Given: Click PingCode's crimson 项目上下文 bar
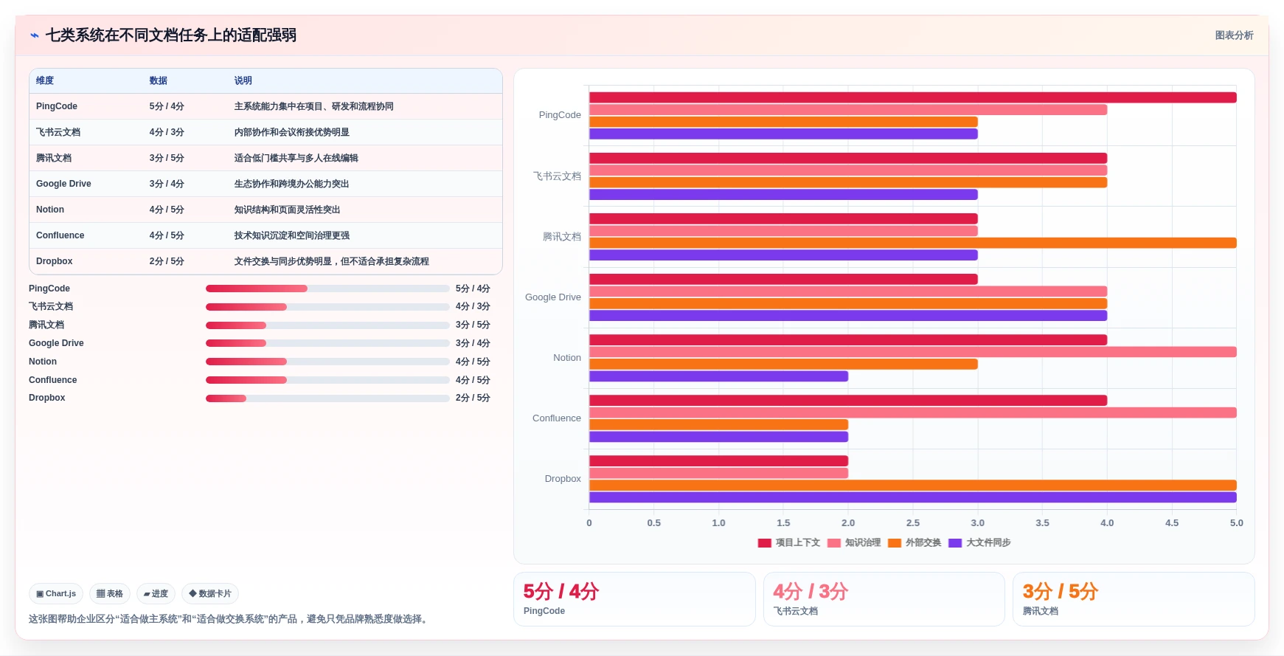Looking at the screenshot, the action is [912, 97].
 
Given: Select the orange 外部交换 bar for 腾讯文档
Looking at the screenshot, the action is [912, 243].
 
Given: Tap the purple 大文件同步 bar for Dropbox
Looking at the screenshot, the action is [912, 497].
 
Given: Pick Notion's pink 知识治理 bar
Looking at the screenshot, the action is [912, 352].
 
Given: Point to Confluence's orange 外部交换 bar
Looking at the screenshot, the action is [718, 425].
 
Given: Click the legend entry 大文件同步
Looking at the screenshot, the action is [979, 542].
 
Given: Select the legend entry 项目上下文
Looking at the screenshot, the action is [789, 542].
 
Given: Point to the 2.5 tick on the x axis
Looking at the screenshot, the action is [913, 522].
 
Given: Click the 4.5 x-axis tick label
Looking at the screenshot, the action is [1172, 522].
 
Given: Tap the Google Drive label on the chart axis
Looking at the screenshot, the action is [553, 297].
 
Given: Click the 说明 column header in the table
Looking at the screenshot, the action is [243, 80].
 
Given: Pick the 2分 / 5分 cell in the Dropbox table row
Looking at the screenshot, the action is [167, 261].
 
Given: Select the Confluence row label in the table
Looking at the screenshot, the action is [60, 235].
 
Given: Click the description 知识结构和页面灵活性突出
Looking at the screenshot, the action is [288, 210].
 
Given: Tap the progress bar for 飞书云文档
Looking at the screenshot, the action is [327, 307].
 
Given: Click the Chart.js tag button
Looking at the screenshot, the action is [56, 593].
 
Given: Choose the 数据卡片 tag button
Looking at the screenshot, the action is [210, 593].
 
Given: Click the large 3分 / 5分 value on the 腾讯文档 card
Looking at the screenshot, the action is [1061, 591].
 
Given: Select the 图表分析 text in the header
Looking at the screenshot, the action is [1235, 35].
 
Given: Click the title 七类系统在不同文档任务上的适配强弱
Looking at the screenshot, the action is [171, 35].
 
